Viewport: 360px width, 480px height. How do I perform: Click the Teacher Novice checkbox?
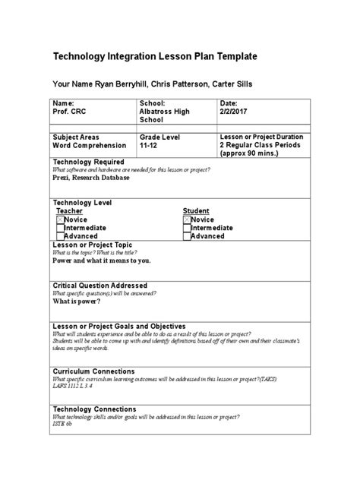coord(60,219)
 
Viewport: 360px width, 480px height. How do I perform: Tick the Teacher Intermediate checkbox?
coord(60,228)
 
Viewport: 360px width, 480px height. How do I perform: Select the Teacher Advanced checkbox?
coord(60,236)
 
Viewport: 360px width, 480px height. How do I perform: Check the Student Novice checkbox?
coord(187,219)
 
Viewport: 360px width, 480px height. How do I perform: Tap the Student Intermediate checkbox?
coord(187,228)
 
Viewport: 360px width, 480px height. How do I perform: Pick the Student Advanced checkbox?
coord(187,236)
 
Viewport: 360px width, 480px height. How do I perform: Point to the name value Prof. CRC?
coord(71,111)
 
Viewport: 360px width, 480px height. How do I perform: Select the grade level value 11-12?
coord(149,144)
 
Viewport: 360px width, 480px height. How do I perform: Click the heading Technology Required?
coord(87,162)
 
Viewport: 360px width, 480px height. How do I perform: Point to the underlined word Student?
coord(195,210)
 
